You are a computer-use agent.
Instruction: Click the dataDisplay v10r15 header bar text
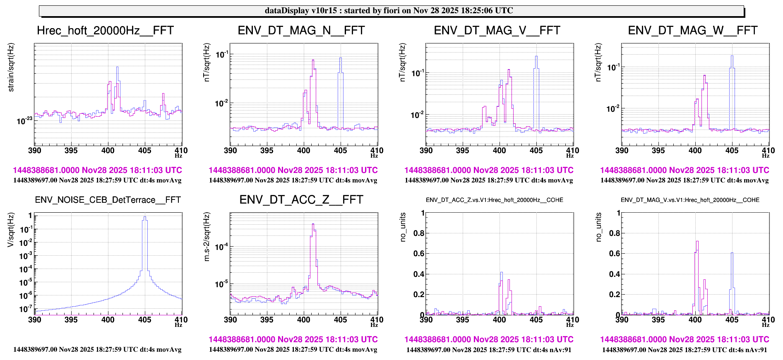click(x=389, y=10)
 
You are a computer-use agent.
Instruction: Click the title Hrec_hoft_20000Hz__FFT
click(x=105, y=31)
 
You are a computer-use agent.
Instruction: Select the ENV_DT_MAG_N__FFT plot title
click(x=301, y=31)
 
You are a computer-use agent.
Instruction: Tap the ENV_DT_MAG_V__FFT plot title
click(x=497, y=31)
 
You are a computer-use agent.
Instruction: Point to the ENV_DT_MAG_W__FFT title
click(x=692, y=31)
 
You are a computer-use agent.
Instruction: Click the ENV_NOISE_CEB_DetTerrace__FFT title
click(x=108, y=200)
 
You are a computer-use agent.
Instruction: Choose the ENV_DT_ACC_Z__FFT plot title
click(x=301, y=200)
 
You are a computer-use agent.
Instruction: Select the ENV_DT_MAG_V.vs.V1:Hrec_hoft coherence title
click(x=690, y=200)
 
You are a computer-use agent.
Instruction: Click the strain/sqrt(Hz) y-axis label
click(x=11, y=67)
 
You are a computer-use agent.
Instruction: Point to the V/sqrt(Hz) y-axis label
click(x=11, y=230)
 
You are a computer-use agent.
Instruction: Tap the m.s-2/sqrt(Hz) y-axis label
click(x=207, y=236)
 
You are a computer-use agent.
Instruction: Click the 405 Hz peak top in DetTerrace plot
click(x=144, y=217)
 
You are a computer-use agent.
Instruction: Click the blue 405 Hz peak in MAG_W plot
click(x=732, y=57)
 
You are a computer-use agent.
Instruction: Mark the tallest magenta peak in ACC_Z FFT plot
click(x=313, y=225)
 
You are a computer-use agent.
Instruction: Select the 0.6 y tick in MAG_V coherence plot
click(x=615, y=253)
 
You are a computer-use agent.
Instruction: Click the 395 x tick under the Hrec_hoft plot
click(x=71, y=151)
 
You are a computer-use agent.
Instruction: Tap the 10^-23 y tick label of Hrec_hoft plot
click(x=24, y=121)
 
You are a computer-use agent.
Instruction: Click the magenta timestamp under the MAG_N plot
click(x=293, y=170)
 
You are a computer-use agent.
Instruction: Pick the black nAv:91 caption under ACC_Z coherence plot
click(x=488, y=350)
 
